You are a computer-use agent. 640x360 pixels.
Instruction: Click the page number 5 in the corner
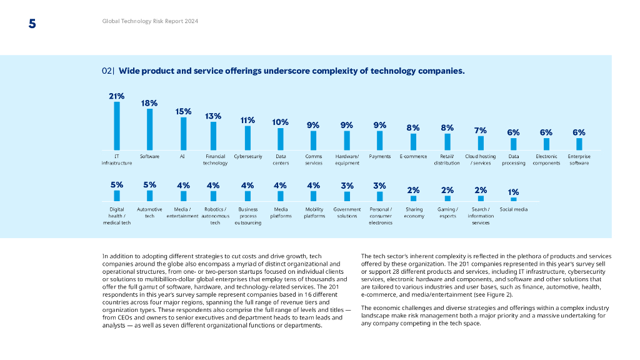(x=32, y=24)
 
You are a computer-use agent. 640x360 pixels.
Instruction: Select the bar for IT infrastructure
(x=117, y=126)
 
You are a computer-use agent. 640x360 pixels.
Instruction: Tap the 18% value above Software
(x=149, y=102)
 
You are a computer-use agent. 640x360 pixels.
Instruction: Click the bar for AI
(x=183, y=133)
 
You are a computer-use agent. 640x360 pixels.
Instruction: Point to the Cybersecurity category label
(x=247, y=156)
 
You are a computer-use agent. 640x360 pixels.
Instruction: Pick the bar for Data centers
(x=281, y=139)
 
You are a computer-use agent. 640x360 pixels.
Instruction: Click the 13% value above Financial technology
(x=213, y=116)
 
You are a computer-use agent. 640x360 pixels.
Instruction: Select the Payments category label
(x=380, y=156)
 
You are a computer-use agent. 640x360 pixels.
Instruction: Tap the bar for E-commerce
(x=413, y=142)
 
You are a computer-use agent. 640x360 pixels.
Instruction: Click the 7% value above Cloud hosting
(x=480, y=130)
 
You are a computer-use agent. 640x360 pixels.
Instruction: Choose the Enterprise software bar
(x=579, y=144)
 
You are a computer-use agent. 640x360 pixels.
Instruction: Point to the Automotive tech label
(x=149, y=212)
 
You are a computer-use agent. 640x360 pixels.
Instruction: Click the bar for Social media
(x=514, y=199)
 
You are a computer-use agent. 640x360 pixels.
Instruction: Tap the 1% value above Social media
(x=513, y=192)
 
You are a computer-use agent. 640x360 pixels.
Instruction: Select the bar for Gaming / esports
(x=447, y=198)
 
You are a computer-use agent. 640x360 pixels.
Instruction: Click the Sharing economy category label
(x=414, y=212)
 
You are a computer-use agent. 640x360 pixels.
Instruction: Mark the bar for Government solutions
(x=347, y=196)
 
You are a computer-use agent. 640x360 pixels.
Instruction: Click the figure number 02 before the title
(x=107, y=71)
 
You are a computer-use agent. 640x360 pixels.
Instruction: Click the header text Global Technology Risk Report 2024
(x=150, y=21)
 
